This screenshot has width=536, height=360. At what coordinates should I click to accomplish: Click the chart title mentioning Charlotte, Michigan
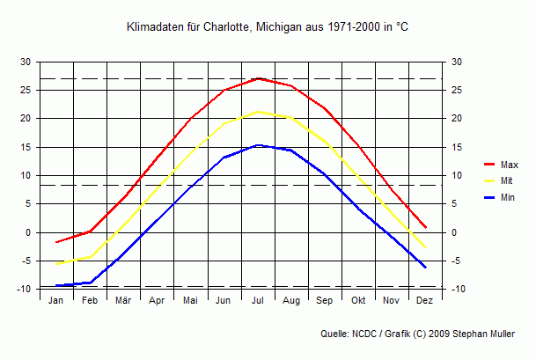[268, 28]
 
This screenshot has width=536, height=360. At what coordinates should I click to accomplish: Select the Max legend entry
[510, 165]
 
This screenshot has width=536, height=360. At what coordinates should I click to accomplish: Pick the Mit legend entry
[508, 180]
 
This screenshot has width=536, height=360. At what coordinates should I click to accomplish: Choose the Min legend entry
[509, 197]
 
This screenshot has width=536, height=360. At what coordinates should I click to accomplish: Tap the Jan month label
[56, 300]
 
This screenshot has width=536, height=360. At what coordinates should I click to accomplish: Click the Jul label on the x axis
[258, 300]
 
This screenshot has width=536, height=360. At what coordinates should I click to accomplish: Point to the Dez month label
[425, 300]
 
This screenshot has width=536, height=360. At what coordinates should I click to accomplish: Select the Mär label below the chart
[123, 300]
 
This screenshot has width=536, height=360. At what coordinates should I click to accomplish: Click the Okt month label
[358, 300]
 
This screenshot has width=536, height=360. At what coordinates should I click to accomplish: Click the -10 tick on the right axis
[456, 289]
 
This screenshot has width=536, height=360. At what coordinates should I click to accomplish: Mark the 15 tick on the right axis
[455, 147]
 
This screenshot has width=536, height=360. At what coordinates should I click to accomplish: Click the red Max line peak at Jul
[258, 78]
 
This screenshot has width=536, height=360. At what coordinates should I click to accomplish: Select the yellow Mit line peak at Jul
[258, 112]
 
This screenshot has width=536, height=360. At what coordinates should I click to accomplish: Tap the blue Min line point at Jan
[57, 285]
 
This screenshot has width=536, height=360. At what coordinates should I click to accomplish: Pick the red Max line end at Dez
[426, 227]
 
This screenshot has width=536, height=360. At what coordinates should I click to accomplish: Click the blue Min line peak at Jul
[258, 145]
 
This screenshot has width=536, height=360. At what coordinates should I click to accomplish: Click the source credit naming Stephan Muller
[423, 334]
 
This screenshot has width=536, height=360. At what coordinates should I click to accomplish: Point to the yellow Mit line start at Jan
[57, 263]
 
